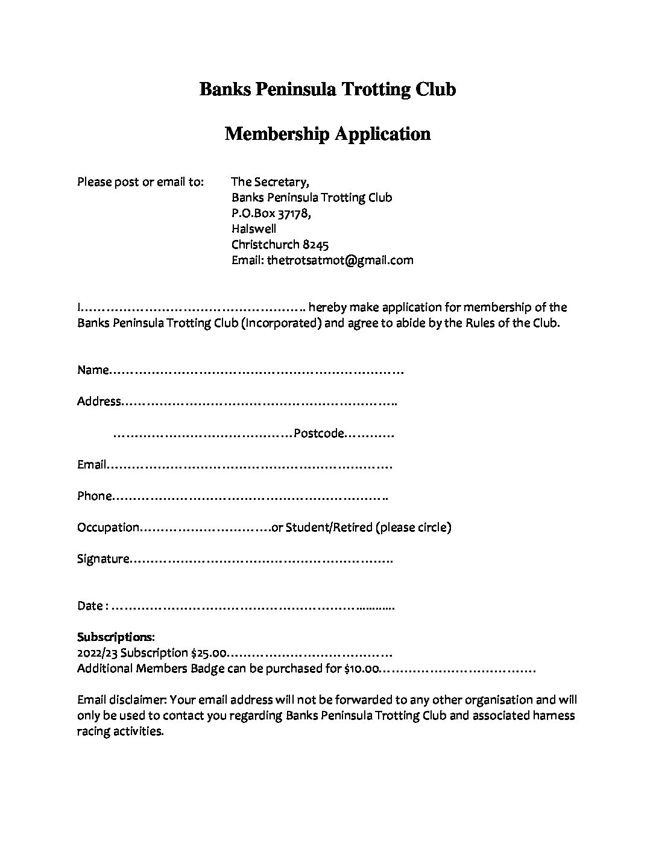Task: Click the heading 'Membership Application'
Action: [327, 133]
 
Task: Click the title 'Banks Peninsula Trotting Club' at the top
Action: [327, 89]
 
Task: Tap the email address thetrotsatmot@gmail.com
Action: [340, 260]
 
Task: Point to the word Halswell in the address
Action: [254, 229]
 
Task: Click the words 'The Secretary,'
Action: [270, 181]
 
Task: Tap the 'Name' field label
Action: [92, 370]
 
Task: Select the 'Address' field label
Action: [99, 402]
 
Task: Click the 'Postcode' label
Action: [318, 434]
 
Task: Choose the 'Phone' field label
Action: [94, 496]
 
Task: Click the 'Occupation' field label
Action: [108, 528]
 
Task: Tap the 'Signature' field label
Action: [103, 559]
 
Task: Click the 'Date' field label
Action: [90, 605]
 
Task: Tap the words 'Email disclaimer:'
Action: [122, 699]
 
